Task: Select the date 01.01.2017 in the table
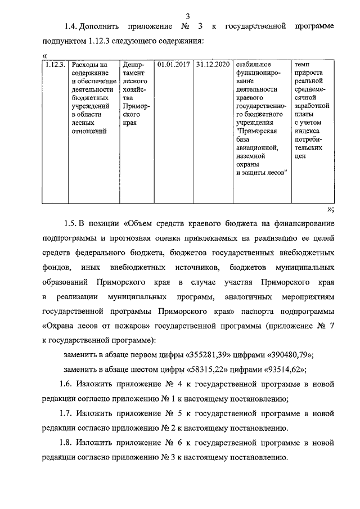tap(174, 65)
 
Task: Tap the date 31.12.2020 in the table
tap(214, 65)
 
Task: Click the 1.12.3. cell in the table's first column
tap(55, 65)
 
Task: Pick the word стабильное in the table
tap(254, 65)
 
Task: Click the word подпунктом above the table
tap(64, 41)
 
